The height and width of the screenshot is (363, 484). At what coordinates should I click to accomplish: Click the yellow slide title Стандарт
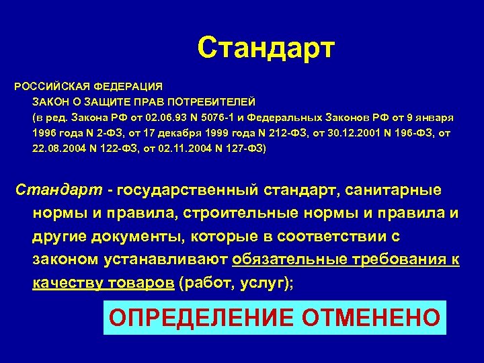pyautogui.click(x=266, y=48)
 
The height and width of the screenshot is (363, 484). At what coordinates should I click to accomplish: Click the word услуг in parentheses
pyautogui.click(x=258, y=283)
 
